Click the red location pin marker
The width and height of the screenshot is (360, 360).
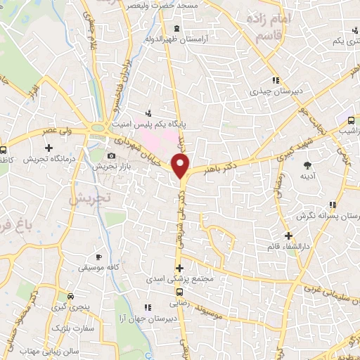click(181, 167)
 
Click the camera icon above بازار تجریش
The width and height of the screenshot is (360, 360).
click(111, 155)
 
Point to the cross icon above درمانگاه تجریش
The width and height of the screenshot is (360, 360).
click(49, 148)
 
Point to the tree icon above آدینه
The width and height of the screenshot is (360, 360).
click(308, 166)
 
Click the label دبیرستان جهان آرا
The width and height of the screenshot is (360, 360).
click(148, 319)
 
